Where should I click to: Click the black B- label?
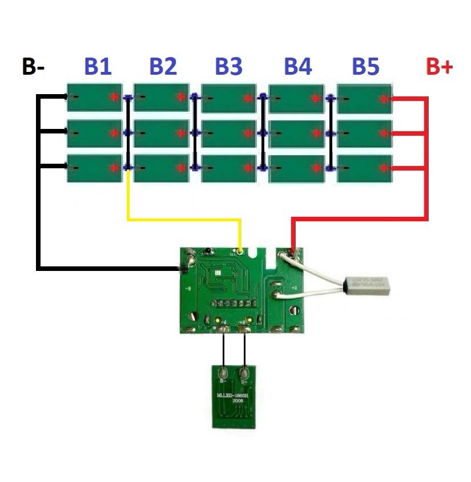33,67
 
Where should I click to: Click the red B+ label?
439,67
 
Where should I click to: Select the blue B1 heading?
98,67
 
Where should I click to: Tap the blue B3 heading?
228,67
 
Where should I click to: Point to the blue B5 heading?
365,67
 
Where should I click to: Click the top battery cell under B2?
162,97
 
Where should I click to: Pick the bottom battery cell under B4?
296,168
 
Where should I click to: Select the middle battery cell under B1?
95,133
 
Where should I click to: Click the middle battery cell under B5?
365,133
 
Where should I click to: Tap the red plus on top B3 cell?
248,97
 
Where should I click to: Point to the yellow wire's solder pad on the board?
240,250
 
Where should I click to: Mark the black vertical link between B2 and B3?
195,132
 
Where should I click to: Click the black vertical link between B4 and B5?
330,132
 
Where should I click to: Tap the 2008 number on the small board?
237,402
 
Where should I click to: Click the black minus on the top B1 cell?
74,96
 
